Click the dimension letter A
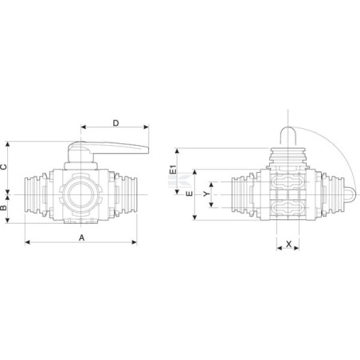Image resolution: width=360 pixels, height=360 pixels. coord(82,237)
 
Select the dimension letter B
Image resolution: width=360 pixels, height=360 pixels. coord(3,207)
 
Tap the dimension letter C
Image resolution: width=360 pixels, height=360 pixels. coord(3,167)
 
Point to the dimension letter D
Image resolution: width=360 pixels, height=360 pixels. coord(116,123)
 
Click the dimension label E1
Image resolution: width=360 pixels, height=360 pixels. coord(173,170)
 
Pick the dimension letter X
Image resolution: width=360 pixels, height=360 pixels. coord(288,244)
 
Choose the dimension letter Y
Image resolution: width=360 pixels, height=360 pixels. coord(206,194)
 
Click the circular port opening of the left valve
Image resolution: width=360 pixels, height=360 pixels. coord(80,194)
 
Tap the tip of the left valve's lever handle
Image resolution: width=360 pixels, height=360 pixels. coord(147,150)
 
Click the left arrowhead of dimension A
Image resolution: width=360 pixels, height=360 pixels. coord(27,242)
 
